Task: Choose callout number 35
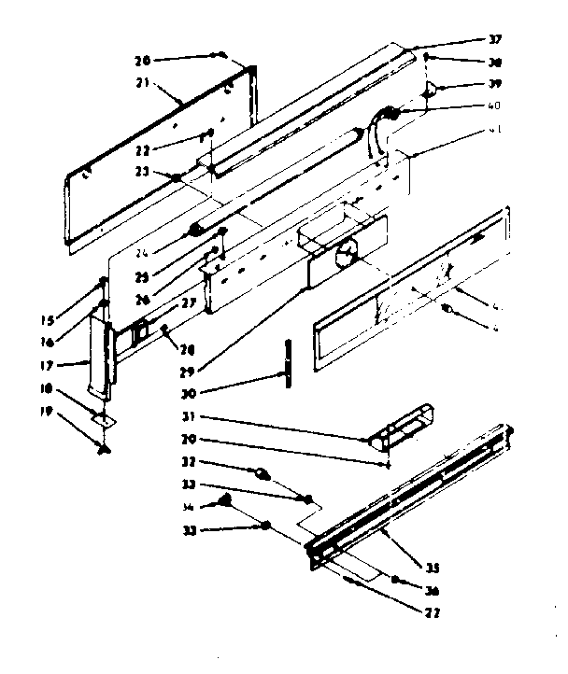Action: (432, 568)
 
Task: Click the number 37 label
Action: (495, 39)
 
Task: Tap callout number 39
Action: (496, 87)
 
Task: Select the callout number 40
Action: (495, 105)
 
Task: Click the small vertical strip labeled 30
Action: (290, 359)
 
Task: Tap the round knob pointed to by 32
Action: (263, 474)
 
